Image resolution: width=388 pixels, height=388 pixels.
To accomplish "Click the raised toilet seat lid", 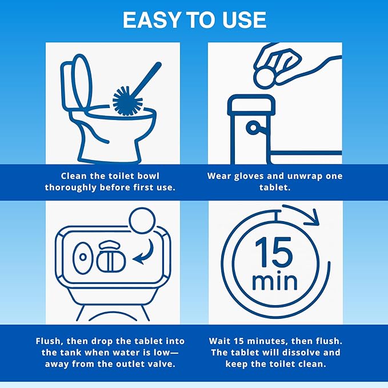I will pyautogui.click(x=78, y=86).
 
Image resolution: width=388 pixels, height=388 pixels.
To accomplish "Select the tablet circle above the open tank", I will pyautogui.click(x=140, y=221).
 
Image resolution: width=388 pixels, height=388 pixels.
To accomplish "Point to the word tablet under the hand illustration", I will pyautogui.click(x=274, y=187).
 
